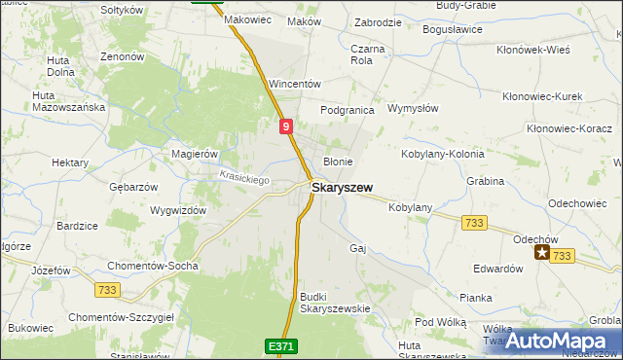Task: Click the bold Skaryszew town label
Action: tap(341, 187)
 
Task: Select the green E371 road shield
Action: tap(279, 345)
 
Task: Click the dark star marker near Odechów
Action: tap(542, 253)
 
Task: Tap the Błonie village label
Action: tap(338, 162)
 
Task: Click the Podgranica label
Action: tap(348, 110)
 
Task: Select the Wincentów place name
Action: tap(295, 84)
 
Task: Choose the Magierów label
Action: tap(194, 154)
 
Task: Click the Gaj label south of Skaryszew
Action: tap(357, 247)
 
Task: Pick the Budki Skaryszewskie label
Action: tap(336, 302)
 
